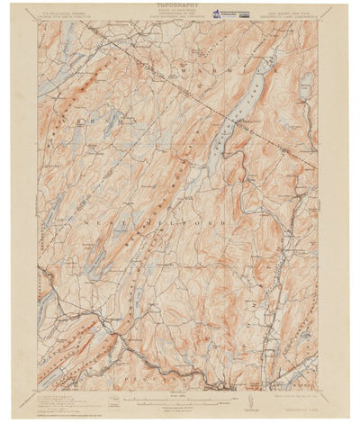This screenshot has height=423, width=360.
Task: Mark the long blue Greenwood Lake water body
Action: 238,112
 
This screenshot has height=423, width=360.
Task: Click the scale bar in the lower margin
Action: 179,394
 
